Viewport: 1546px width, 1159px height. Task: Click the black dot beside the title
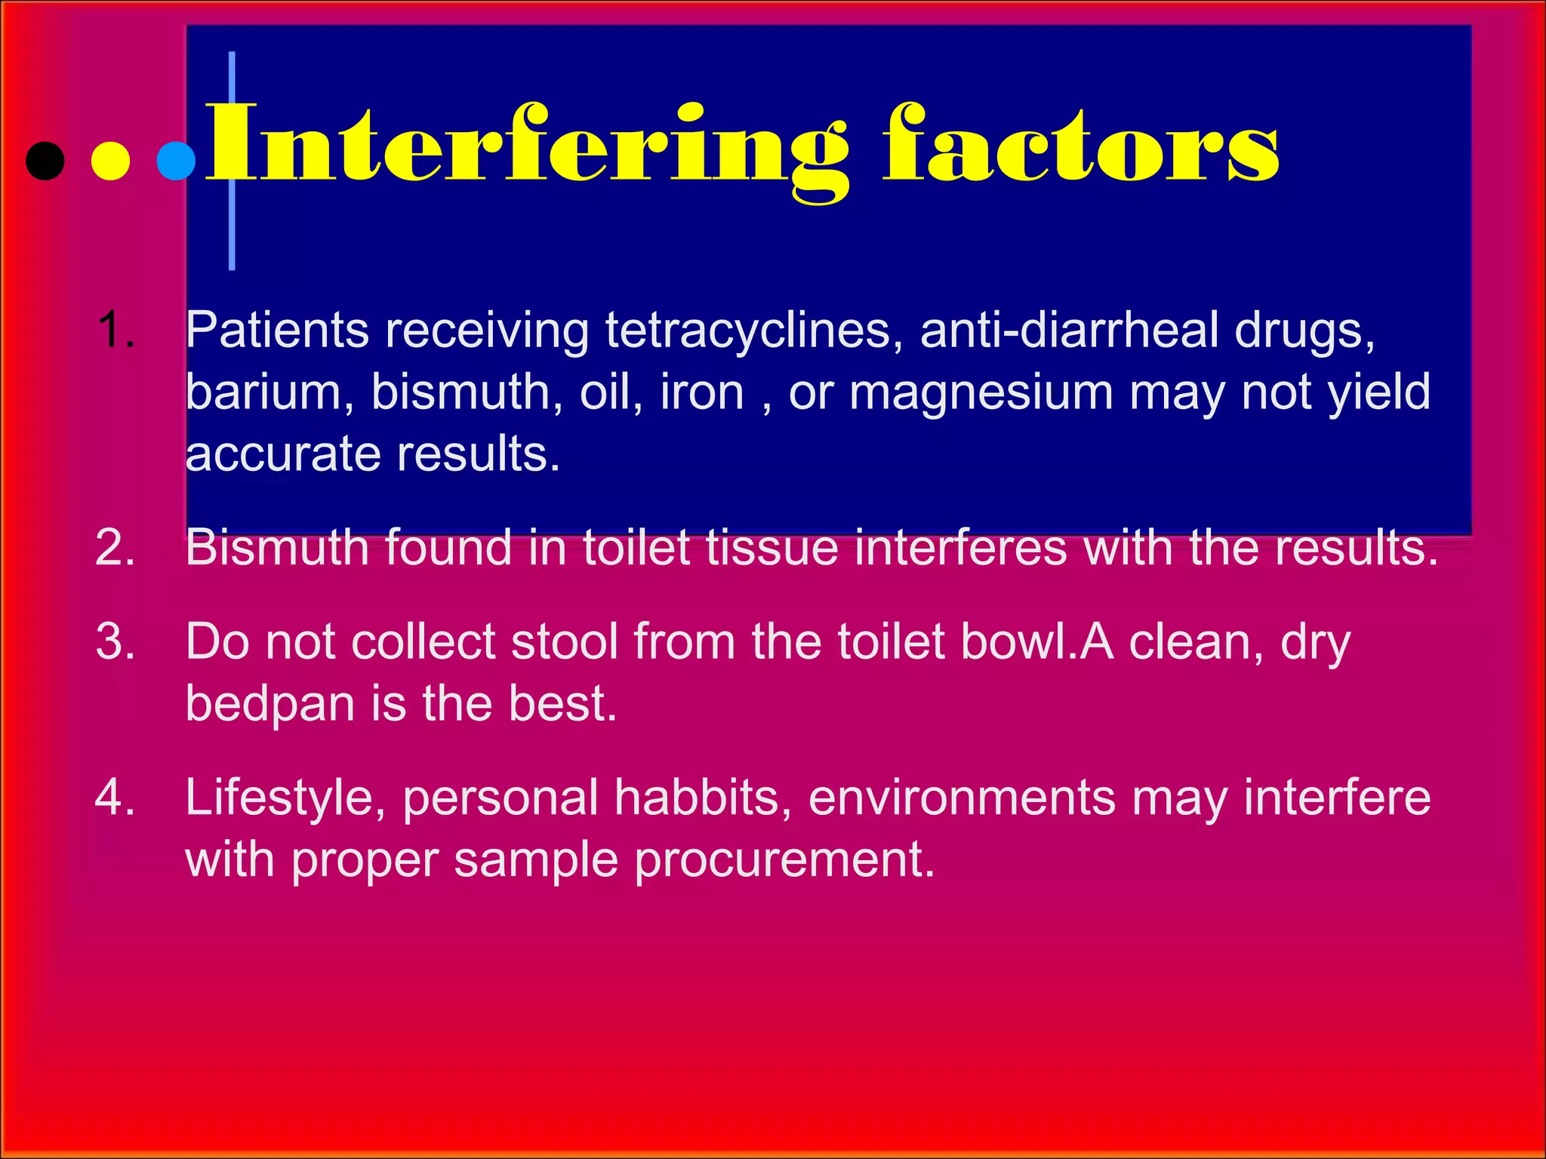click(x=45, y=161)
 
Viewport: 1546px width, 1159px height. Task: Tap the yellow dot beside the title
click(x=110, y=161)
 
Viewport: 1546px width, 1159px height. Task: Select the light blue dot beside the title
click(x=176, y=161)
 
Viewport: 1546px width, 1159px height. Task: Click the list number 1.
click(x=116, y=330)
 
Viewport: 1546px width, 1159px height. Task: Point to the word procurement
click(x=784, y=860)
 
